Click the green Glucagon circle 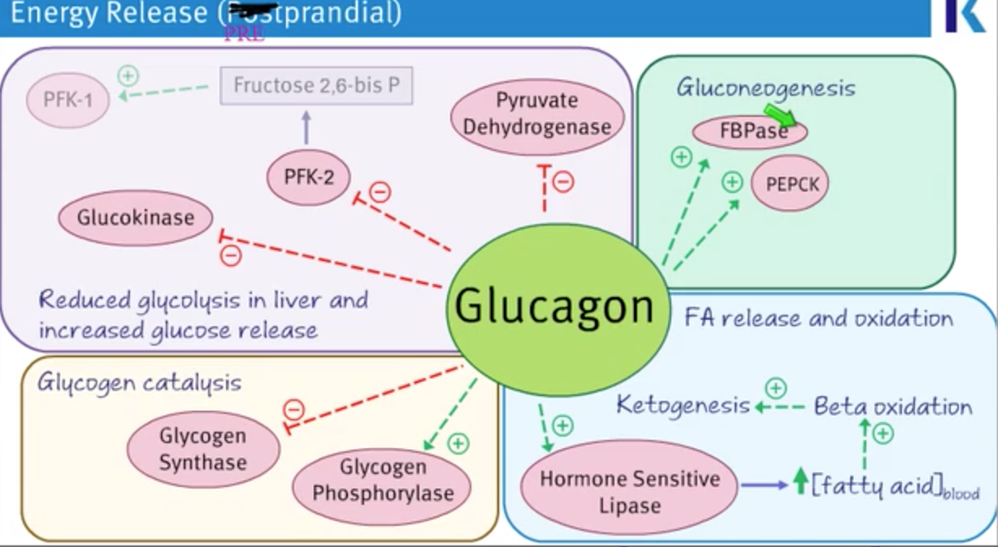pos(554,305)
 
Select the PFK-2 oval pos(309,177)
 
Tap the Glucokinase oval pos(136,218)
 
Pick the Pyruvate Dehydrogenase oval pos(536,114)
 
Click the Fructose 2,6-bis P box pos(316,85)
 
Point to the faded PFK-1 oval pos(67,100)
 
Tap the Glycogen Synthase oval pos(203,450)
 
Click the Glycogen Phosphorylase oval pos(383,480)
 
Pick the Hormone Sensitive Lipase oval pos(630,492)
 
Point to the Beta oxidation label pos(892,406)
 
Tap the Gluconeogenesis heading pos(766,88)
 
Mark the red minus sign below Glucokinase pos(231,256)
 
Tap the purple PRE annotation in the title pos(244,36)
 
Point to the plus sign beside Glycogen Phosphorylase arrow pos(458,443)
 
